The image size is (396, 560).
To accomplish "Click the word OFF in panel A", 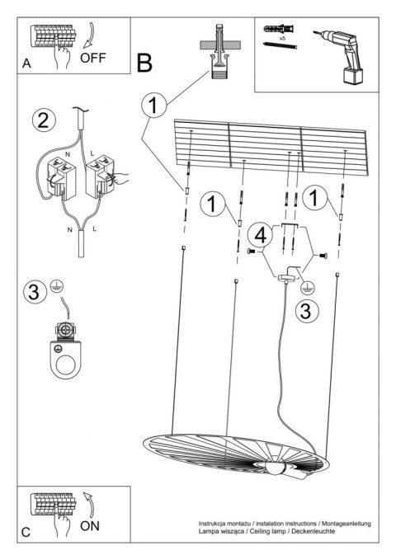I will (95, 59).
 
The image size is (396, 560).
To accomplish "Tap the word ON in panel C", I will (93, 524).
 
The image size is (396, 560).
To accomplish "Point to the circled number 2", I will (47, 120).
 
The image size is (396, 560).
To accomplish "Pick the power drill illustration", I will (343, 53).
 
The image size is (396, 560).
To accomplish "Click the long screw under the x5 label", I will (281, 49).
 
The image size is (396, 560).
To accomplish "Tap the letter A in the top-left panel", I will (27, 64).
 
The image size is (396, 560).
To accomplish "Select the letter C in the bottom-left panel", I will (26, 533).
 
